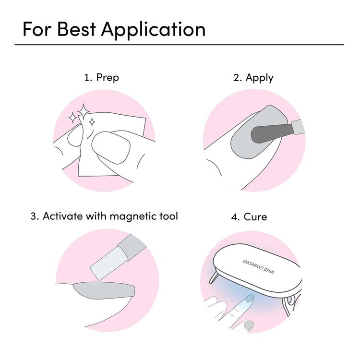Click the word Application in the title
pyautogui.click(x=153, y=30)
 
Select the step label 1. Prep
pyautogui.click(x=101, y=77)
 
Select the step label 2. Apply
pyautogui.click(x=253, y=77)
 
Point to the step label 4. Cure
pyautogui.click(x=249, y=216)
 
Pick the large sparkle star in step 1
pyautogui.click(x=83, y=111)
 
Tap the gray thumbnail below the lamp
pyautogui.click(x=248, y=325)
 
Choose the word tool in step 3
pyautogui.click(x=168, y=216)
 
